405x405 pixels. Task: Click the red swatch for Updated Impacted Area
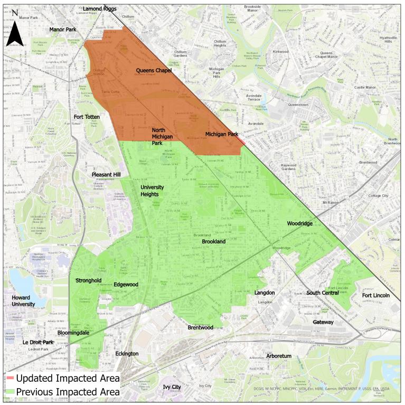[10, 379]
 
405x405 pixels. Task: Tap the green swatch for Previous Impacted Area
[10, 392]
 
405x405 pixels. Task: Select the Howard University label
[24, 301]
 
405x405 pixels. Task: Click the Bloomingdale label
[73, 333]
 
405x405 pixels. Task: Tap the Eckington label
[127, 353]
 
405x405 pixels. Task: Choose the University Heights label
[152, 191]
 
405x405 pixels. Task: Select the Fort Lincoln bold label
[375, 295]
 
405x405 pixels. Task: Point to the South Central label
[323, 293]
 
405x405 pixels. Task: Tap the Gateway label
[323, 322]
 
